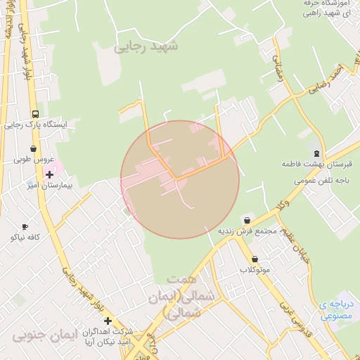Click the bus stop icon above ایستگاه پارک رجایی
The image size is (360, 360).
(35, 114)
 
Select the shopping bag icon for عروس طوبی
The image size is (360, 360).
(33, 149)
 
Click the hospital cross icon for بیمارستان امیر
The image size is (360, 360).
(49, 174)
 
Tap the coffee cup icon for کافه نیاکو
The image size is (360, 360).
(25, 226)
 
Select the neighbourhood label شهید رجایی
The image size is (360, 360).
(146, 46)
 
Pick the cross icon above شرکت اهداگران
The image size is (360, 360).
(108, 321)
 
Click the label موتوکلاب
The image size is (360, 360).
(255, 270)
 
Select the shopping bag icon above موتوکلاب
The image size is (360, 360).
(255, 259)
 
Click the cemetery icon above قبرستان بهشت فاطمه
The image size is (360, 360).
(316, 153)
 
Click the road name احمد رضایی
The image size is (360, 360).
(328, 79)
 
